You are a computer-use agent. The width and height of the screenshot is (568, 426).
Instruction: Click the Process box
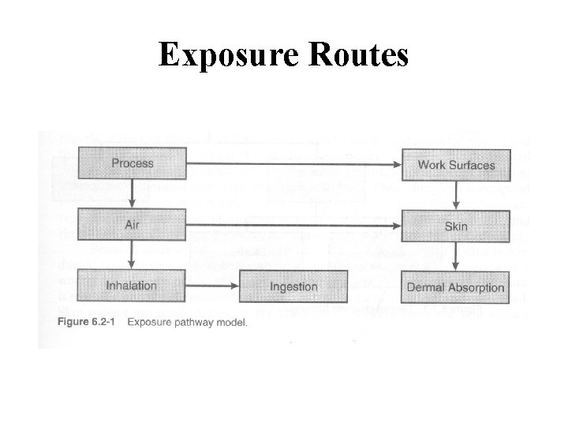click(x=132, y=164)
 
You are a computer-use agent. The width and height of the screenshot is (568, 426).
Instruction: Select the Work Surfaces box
click(x=456, y=165)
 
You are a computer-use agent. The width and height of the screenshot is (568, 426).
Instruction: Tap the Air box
click(x=132, y=225)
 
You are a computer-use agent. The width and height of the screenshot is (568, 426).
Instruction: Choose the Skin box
click(x=456, y=226)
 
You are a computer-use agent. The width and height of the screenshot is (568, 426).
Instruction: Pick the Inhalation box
click(x=132, y=286)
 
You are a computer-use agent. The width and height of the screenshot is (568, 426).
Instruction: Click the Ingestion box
click(x=293, y=286)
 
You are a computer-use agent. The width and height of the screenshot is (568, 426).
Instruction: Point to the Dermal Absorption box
click(x=456, y=287)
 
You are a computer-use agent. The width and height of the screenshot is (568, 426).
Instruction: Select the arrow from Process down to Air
click(x=133, y=193)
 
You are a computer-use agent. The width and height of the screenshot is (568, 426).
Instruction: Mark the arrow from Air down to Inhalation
click(x=133, y=255)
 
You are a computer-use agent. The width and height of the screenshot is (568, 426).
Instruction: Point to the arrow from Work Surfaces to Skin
click(x=457, y=195)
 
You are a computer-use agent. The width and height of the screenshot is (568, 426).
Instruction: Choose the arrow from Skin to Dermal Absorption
click(x=457, y=256)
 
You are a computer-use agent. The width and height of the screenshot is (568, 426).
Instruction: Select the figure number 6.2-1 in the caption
click(x=109, y=322)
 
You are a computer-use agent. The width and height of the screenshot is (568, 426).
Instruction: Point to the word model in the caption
click(x=234, y=322)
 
